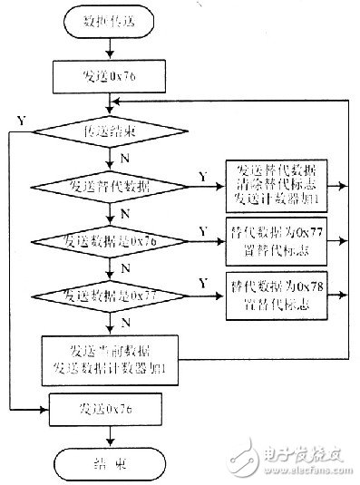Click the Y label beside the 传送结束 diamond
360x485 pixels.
tap(21, 119)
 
